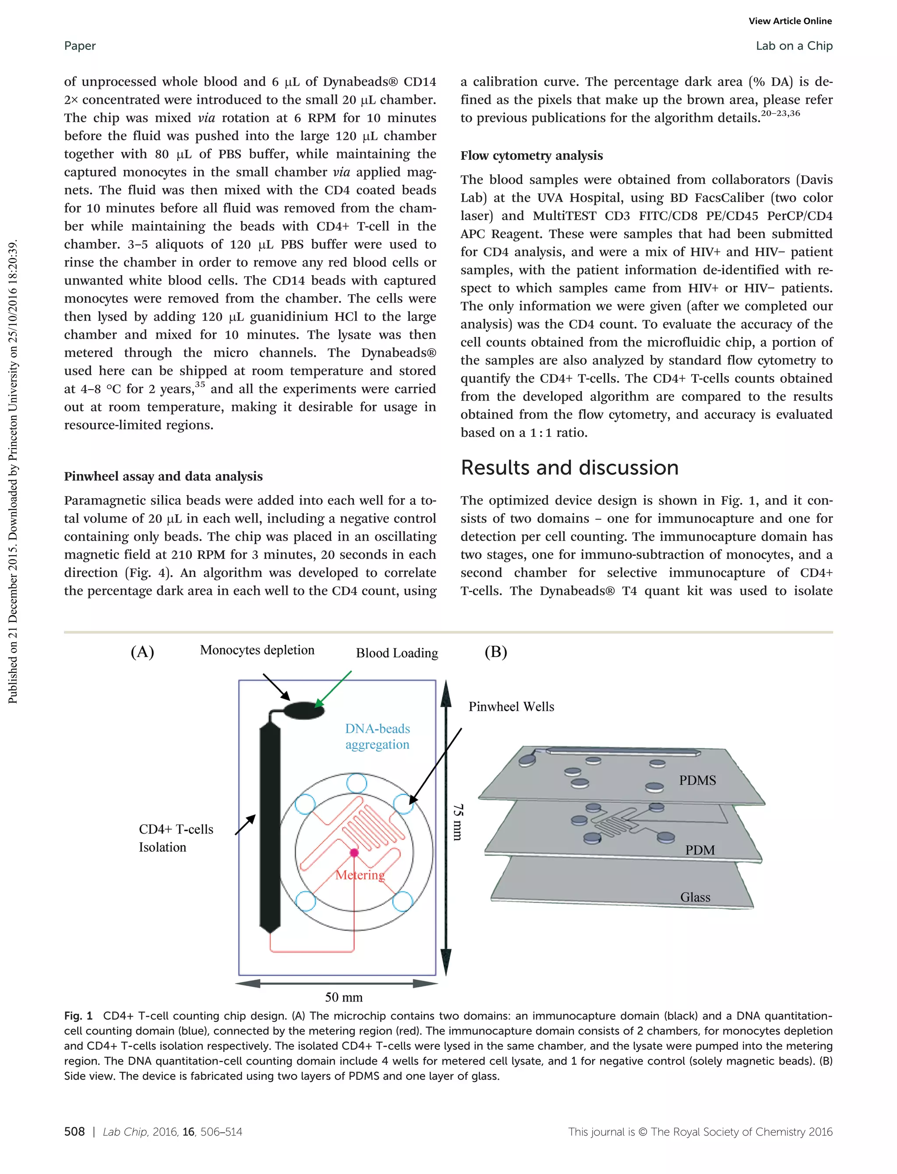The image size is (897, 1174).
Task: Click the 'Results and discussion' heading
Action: click(x=569, y=467)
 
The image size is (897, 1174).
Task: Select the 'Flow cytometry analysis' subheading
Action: click(x=531, y=155)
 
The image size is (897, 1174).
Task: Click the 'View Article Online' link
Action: click(x=790, y=21)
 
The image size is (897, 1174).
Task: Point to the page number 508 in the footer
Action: click(x=74, y=1131)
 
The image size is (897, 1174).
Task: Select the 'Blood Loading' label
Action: click(x=397, y=653)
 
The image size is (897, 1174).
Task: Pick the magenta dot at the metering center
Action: click(x=354, y=853)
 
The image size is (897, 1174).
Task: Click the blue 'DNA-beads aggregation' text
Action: click(x=378, y=736)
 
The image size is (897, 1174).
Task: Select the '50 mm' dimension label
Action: click(x=343, y=997)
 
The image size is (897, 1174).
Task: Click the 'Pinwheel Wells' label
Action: click(x=511, y=707)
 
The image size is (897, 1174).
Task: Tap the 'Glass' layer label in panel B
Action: click(x=695, y=897)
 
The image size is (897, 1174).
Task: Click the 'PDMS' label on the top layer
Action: click(x=697, y=780)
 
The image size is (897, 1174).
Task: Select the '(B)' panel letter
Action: click(x=495, y=652)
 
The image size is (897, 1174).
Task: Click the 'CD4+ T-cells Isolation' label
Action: click(x=176, y=838)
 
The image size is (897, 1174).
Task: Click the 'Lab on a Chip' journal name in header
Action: click(x=794, y=46)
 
